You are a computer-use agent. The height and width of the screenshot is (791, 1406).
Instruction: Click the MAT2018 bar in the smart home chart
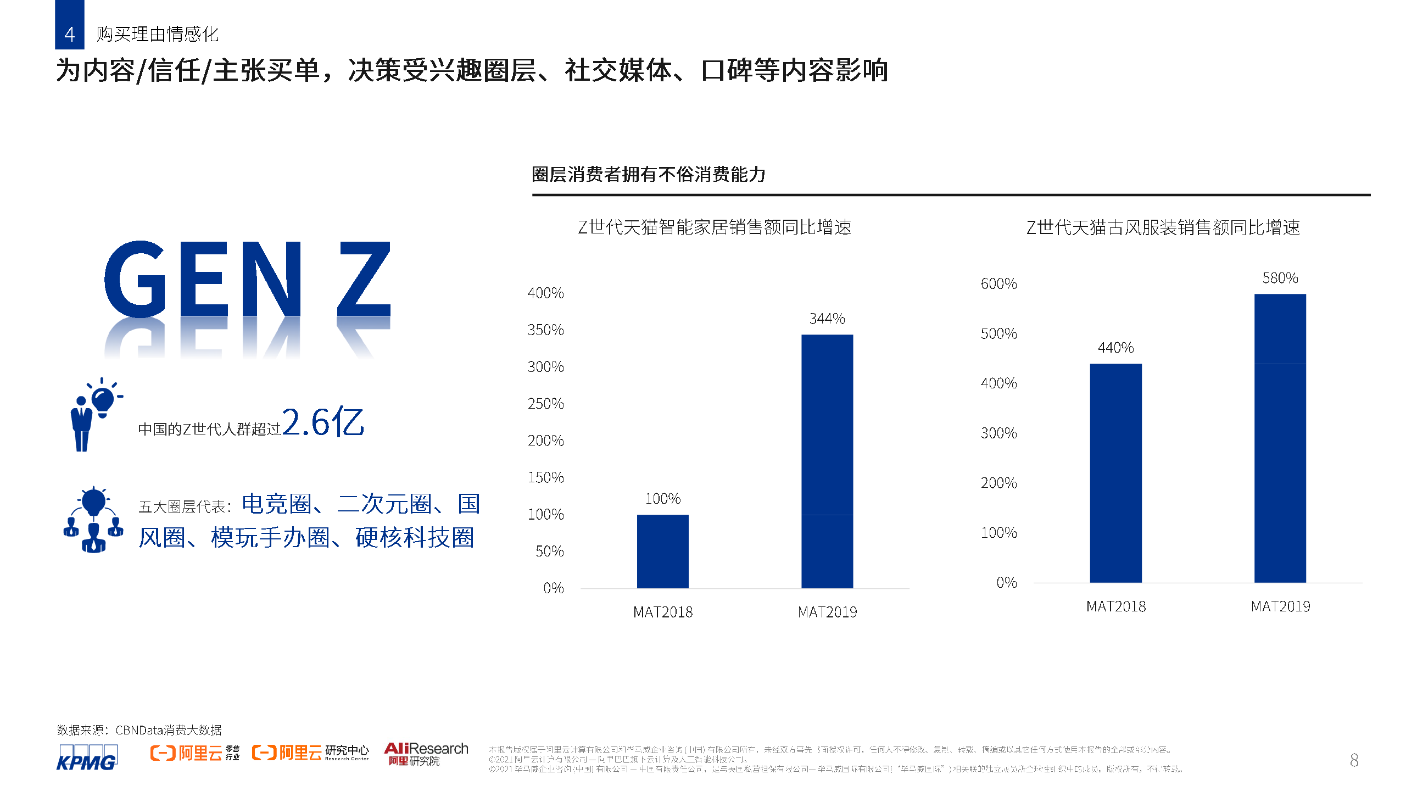[662, 551]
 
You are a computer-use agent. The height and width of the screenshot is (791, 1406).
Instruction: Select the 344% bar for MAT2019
[827, 461]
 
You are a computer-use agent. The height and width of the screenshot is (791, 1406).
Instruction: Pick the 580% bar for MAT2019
[1280, 438]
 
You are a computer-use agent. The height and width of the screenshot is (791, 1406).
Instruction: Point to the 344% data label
[827, 319]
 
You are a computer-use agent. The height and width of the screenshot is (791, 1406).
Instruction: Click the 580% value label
[1280, 278]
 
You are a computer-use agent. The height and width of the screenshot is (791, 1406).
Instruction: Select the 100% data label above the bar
[662, 499]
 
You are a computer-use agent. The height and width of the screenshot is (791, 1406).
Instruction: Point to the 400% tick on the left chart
[545, 293]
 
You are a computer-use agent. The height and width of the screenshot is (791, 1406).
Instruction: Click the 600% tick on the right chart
[998, 284]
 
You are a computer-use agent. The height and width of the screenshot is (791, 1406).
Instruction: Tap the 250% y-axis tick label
[545, 404]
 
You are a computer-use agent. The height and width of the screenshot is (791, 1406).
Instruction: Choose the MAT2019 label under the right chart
[1280, 606]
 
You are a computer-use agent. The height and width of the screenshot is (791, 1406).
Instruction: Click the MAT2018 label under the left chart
[662, 612]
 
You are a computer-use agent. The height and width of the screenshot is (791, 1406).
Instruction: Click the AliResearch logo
[426, 754]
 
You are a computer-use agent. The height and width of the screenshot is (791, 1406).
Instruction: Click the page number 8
[1354, 760]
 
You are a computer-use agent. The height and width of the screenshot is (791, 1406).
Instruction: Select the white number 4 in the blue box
[69, 34]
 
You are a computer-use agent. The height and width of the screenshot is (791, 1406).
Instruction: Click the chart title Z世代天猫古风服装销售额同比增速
[1163, 227]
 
